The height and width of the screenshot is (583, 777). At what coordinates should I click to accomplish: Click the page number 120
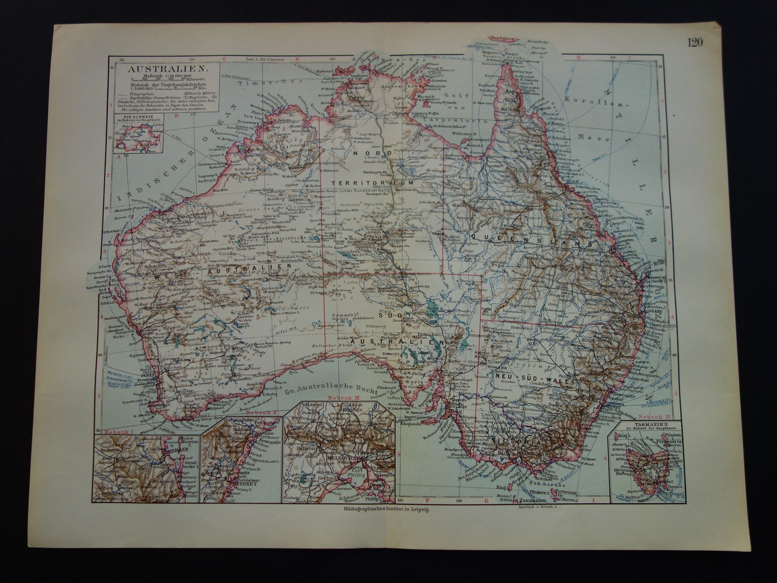pyautogui.click(x=694, y=43)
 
